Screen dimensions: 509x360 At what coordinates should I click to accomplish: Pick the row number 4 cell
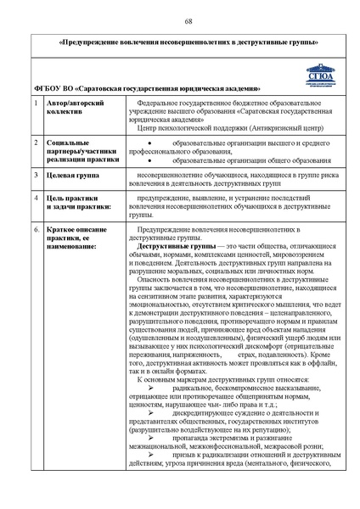coord(35,199)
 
